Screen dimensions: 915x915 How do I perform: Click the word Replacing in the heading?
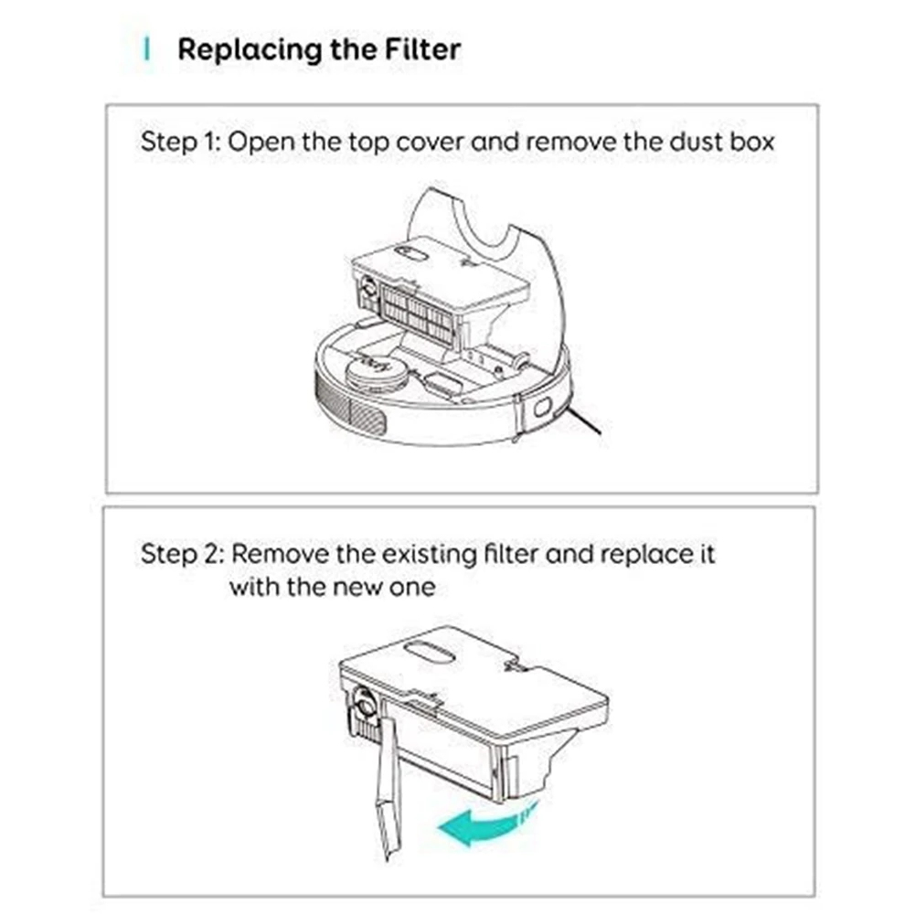[x=237, y=49]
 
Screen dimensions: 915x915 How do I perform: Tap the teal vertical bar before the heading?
[x=147, y=48]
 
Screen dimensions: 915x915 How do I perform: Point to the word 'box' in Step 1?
[x=750, y=143]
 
